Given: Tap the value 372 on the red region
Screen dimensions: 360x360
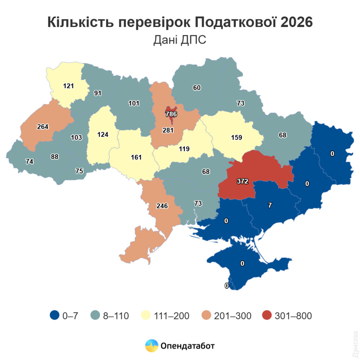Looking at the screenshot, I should tap(243, 181).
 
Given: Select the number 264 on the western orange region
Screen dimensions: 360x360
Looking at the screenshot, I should tap(42, 127).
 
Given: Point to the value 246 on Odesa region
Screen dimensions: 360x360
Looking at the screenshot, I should tap(162, 206).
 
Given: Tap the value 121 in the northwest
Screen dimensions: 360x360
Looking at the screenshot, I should tap(68, 86).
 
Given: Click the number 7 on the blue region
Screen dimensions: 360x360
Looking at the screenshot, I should tap(270, 205).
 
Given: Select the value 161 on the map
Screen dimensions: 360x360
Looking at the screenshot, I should tap(136, 157).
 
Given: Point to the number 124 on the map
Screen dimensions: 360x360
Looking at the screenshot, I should tap(103, 135).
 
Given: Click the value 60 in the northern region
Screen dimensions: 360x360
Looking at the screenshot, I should tap(197, 87).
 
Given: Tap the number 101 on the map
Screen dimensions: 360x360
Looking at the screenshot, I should tap(134, 104).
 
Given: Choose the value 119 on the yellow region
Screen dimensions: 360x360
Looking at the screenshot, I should tap(184, 148).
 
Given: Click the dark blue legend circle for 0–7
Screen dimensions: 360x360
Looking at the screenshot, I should tap(54, 316).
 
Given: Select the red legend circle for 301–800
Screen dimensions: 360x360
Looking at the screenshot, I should tap(267, 316).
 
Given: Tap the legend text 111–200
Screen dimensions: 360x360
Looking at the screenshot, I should tap(171, 316).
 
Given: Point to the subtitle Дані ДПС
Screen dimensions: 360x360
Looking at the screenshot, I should tap(180, 40).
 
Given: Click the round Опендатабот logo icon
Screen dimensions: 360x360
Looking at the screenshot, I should tap(152, 346).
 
